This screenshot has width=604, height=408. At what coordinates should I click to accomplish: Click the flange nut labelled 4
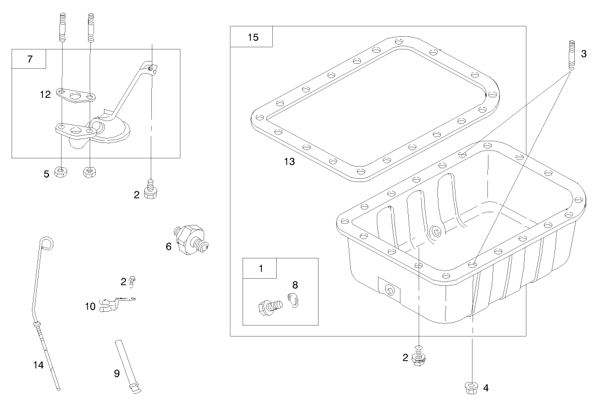pyautogui.click(x=471, y=387)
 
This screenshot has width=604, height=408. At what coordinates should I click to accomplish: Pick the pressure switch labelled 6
pyautogui.click(x=193, y=240)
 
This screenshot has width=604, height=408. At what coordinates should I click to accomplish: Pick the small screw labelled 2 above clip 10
pyautogui.click(x=131, y=282)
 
